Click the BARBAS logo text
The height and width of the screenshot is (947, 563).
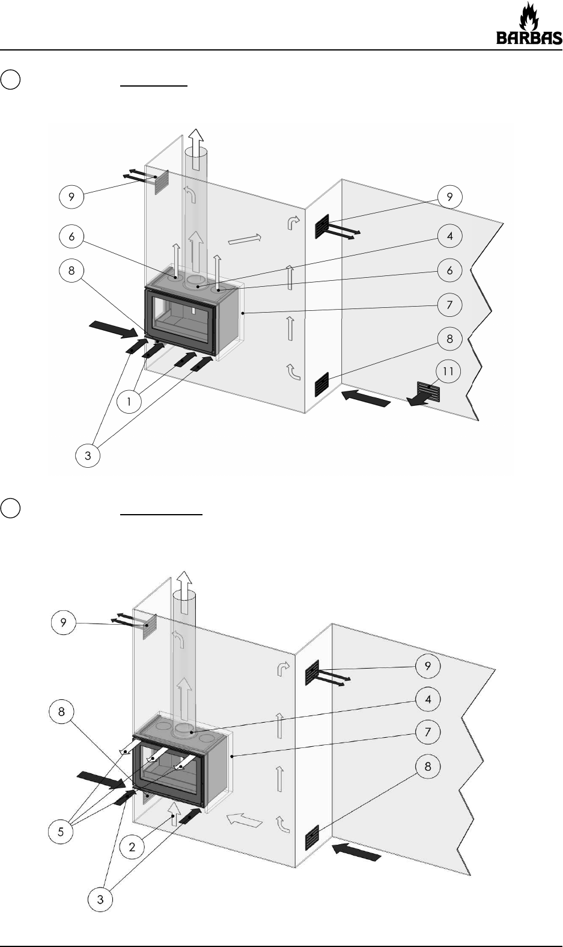(x=529, y=38)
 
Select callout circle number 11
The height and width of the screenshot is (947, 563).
(x=448, y=372)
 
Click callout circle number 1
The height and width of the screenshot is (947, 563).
(x=129, y=402)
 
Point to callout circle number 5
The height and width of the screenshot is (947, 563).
(x=61, y=832)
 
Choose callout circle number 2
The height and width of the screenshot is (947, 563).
(x=132, y=847)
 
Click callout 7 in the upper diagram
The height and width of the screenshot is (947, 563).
(x=449, y=305)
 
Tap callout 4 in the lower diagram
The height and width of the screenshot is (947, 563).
(x=428, y=700)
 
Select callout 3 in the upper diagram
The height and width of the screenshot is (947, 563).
(x=88, y=455)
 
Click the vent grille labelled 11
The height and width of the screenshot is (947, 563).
(x=428, y=391)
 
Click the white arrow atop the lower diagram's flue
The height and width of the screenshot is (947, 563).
(x=184, y=592)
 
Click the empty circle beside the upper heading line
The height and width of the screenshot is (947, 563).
(x=10, y=79)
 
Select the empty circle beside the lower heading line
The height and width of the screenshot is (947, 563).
(x=10, y=507)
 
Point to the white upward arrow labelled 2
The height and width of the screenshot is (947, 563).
(x=174, y=813)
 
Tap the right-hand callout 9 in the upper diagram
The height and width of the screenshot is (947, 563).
(x=449, y=197)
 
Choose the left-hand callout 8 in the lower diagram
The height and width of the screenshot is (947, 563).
(x=62, y=712)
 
